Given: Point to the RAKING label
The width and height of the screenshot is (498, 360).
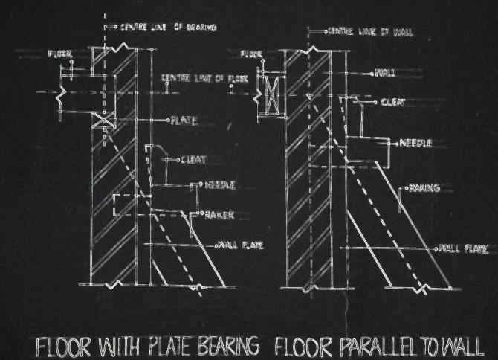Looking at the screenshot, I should coord(424,189).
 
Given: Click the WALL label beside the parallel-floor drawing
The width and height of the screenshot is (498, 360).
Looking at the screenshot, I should coord(386,73).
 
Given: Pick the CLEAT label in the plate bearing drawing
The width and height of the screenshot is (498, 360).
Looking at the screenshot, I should coord(193,159).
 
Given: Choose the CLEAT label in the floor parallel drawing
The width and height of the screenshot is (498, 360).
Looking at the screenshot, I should coord(393,103).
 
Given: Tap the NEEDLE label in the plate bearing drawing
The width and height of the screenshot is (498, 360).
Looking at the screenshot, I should coord(221,184).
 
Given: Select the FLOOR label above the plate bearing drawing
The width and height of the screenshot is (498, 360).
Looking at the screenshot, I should coord(59,54).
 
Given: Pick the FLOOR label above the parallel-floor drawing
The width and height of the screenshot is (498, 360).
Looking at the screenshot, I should coord(252,54).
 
